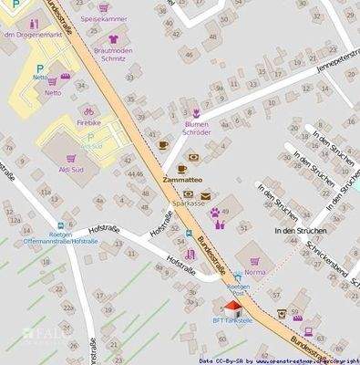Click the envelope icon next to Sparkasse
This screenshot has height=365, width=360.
[x=206, y=195]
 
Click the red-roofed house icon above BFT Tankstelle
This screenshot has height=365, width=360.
[x=233, y=308]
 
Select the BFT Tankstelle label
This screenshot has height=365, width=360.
[x=234, y=321]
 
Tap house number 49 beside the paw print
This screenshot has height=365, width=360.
[x=224, y=212]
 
